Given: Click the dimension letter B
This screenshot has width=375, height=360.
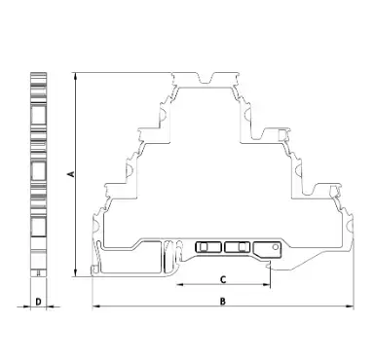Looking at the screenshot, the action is point(222,302).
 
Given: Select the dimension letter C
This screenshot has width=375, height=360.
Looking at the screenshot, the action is point(223,279).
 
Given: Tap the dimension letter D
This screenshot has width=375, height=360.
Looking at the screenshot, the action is point(38,302).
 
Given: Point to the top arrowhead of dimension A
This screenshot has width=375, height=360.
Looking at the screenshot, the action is point(76,76).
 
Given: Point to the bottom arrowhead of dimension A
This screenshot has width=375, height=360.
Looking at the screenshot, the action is point(76,272).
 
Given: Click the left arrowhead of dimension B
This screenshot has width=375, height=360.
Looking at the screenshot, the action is point(96,306).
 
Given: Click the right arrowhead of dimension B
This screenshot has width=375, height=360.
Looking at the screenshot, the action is point(350,306).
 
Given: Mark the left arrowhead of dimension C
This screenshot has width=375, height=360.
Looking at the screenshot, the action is point(180,285).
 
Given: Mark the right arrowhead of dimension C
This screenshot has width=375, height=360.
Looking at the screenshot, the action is point(266,285).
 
